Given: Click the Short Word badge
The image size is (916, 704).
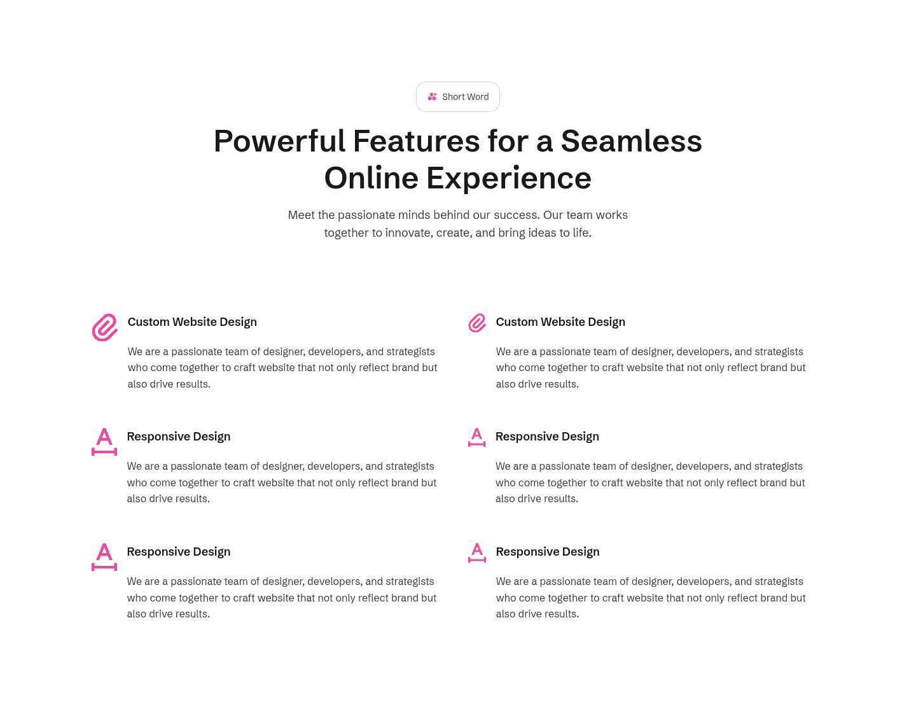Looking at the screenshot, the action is point(458,97).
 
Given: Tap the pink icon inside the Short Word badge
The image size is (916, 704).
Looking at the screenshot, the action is point(432,97).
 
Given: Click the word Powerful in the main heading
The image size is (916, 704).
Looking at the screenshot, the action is point(279,141).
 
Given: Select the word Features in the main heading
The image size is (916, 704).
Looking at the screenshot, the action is point(416,141).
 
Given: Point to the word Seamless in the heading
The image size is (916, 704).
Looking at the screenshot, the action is point(631,141).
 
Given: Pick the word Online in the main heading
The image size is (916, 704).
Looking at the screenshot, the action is point(371,178).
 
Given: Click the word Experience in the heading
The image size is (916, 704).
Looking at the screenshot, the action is point(509,178).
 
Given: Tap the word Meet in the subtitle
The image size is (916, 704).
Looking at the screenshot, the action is point(302,215).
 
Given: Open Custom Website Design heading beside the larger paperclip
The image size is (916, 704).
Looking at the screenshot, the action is point(192,322).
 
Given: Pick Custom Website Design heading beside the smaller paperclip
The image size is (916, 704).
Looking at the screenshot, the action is point(560,322).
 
